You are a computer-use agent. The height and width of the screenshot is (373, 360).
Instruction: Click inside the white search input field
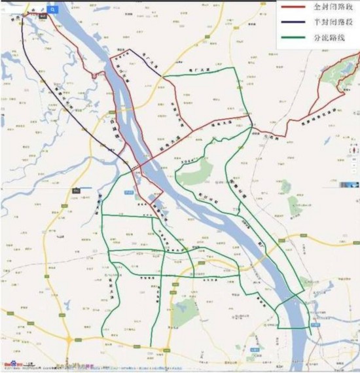point(26,9)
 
